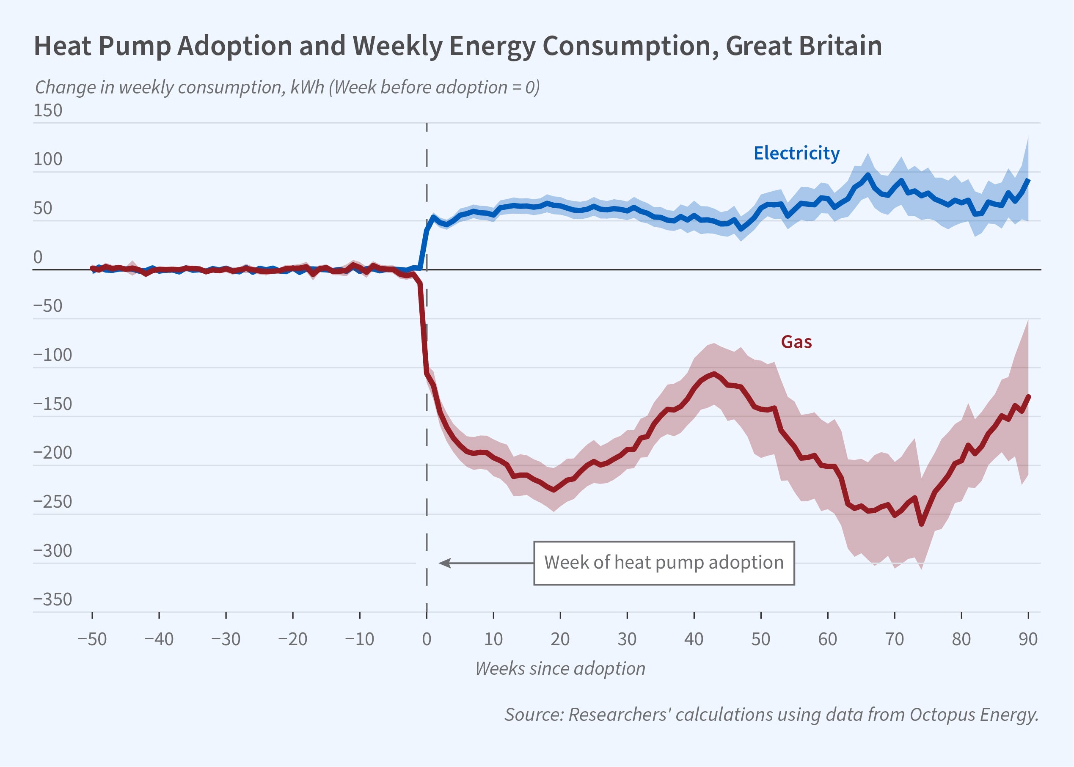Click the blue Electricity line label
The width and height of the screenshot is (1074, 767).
coord(796,153)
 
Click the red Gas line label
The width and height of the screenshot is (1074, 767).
coord(796,342)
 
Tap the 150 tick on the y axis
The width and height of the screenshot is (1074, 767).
coord(48,110)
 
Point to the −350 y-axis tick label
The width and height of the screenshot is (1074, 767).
coord(52,599)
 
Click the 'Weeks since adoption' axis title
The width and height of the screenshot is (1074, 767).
coord(560,668)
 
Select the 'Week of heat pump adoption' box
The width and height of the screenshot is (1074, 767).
coord(664,563)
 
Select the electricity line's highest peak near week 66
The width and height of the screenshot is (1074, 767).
coord(867,175)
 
